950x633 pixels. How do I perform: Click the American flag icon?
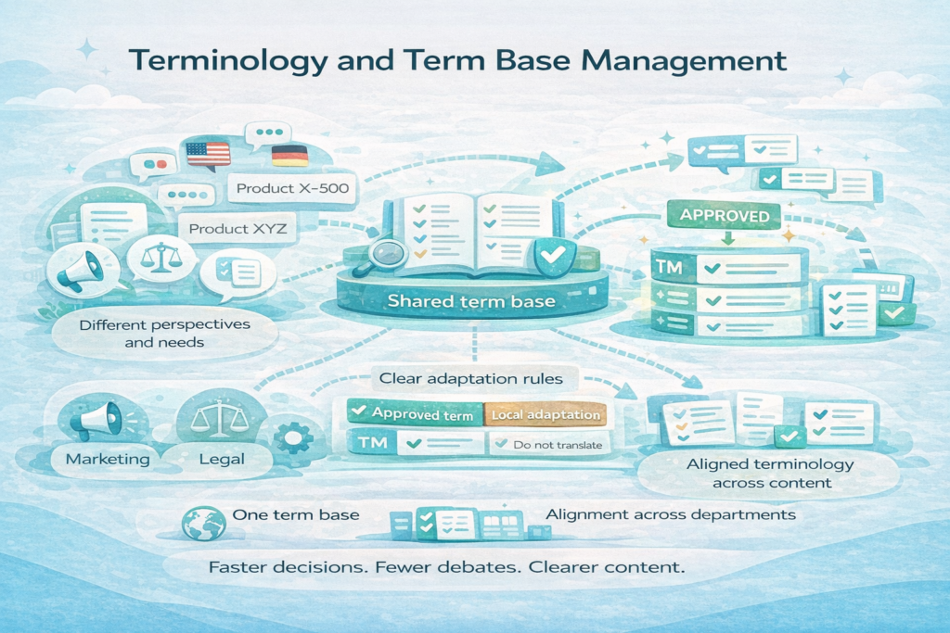[208, 154]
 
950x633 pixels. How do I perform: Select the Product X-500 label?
[292, 189]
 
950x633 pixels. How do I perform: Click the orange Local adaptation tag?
[546, 415]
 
